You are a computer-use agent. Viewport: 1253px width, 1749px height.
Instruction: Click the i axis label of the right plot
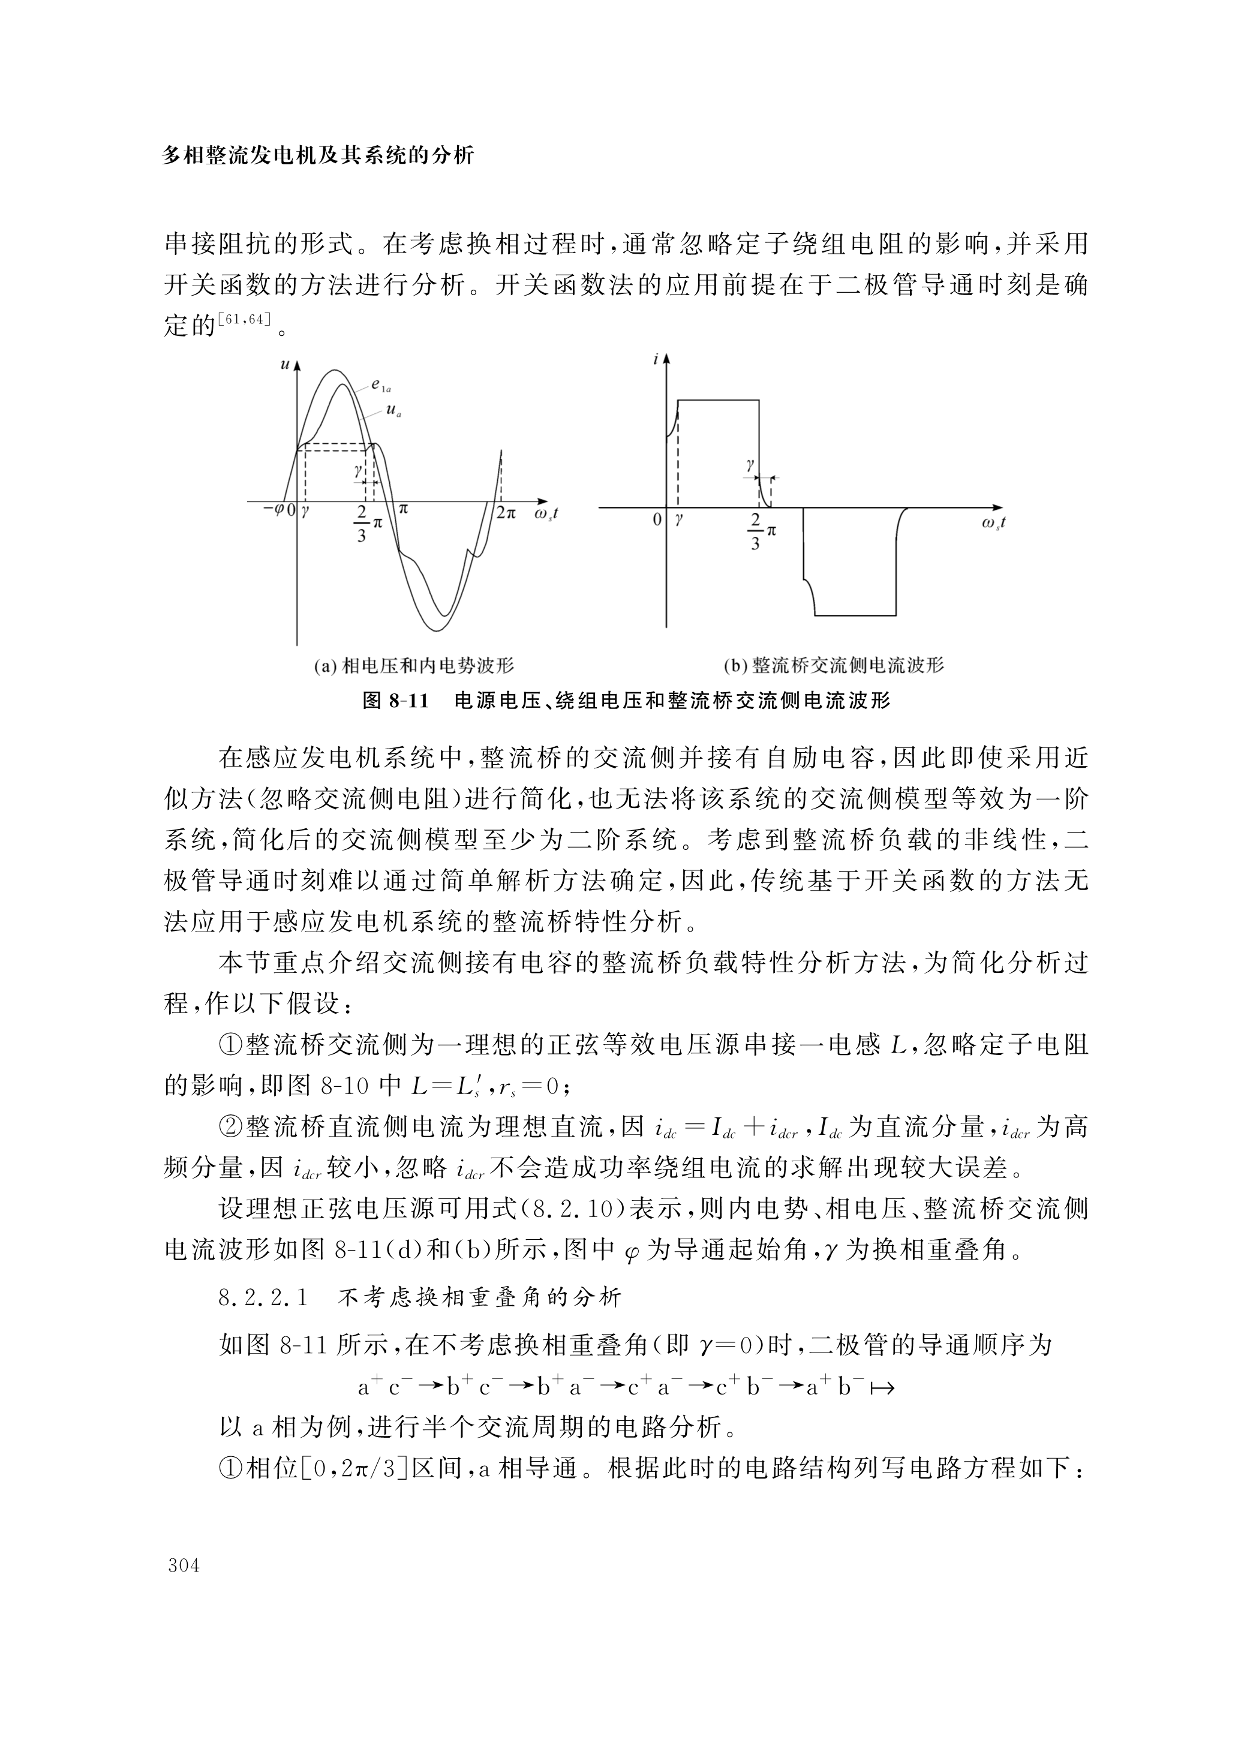[656, 359]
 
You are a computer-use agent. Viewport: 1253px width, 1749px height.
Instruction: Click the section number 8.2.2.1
[263, 1298]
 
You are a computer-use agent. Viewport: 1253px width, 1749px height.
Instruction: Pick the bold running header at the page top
[318, 156]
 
